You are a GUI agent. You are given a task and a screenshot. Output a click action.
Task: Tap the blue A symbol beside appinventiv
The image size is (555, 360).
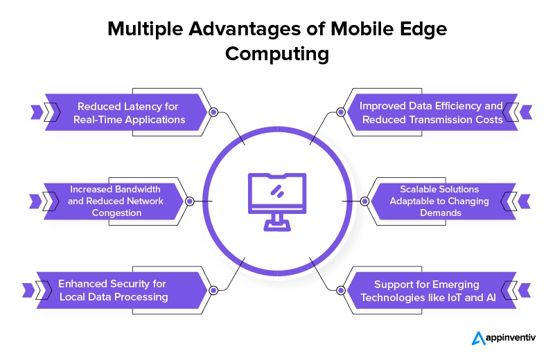tap(479, 339)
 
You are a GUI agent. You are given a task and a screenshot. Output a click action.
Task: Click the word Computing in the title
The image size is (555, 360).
tap(276, 55)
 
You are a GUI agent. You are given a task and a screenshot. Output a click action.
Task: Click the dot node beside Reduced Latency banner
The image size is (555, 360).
tap(213, 111)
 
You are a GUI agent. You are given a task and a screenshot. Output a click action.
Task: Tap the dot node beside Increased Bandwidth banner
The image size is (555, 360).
tap(189, 201)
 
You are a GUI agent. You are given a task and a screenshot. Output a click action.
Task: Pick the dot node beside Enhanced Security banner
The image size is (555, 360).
tap(213, 290)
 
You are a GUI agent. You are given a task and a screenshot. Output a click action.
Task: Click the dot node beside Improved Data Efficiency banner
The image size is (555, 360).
tap(340, 111)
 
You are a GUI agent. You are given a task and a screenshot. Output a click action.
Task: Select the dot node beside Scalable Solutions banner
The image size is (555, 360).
tap(364, 201)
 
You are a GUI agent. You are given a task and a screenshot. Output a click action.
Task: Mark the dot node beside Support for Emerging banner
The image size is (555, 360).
tap(340, 290)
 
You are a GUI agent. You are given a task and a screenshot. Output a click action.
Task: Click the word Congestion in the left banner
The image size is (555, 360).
tap(117, 213)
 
